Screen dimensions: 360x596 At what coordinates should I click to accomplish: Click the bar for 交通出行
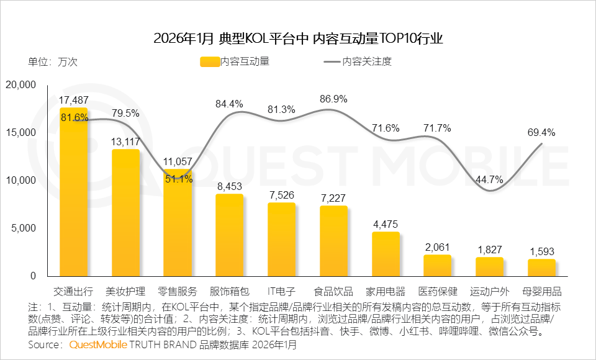point(73,192)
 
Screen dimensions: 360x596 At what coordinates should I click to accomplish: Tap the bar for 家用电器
point(386,254)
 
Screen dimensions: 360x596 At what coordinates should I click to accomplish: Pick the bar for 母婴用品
point(542,268)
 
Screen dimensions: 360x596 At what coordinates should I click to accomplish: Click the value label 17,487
point(73,100)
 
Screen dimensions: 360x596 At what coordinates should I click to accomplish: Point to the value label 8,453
point(230,186)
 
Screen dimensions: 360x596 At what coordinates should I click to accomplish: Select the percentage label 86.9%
point(333,99)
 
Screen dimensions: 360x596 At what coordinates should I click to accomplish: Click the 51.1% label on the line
point(178,179)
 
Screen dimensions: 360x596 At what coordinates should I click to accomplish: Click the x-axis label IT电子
point(281,291)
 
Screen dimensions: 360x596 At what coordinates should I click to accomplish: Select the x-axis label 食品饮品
point(333,291)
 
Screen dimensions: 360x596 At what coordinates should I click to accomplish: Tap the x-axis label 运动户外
point(490,291)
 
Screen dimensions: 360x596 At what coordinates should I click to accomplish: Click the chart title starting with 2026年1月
point(298,38)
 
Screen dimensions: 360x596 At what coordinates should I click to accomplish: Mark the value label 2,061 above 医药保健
point(438,246)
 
